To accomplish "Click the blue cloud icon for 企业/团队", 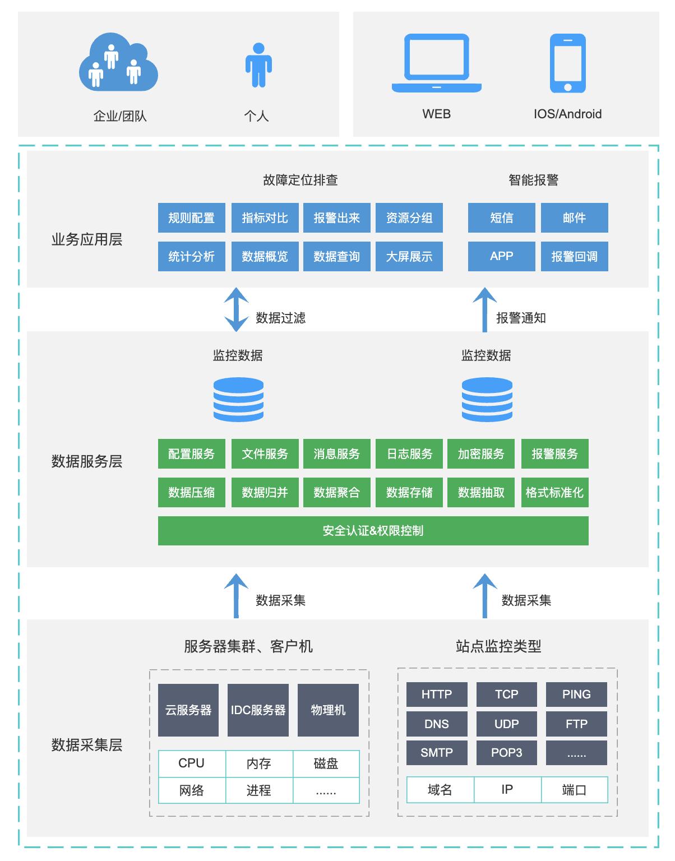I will pyautogui.click(x=118, y=63).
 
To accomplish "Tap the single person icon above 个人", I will pyautogui.click(x=258, y=66).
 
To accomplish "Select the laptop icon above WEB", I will pyautogui.click(x=436, y=63).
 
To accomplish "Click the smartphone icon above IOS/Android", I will pyautogui.click(x=567, y=63).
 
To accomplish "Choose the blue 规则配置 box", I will pyautogui.click(x=191, y=218).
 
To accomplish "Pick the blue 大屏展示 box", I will pyautogui.click(x=409, y=257).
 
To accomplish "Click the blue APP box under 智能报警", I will pyautogui.click(x=501, y=257).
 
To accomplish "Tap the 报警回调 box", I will pyautogui.click(x=574, y=257).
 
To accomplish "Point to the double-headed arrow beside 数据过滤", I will pyautogui.click(x=236, y=309).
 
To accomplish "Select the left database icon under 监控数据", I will pyautogui.click(x=238, y=400).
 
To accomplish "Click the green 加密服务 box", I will pyautogui.click(x=481, y=454).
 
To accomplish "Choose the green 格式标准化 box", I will pyautogui.click(x=554, y=493).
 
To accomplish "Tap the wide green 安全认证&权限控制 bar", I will pyautogui.click(x=373, y=531).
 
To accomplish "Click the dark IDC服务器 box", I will pyautogui.click(x=258, y=710).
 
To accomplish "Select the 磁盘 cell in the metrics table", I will pyautogui.click(x=326, y=763).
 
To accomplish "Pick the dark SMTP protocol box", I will pyautogui.click(x=437, y=753).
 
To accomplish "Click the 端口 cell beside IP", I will pyautogui.click(x=574, y=790).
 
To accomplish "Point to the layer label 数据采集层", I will pyautogui.click(x=87, y=745).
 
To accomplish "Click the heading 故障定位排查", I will pyautogui.click(x=300, y=180).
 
